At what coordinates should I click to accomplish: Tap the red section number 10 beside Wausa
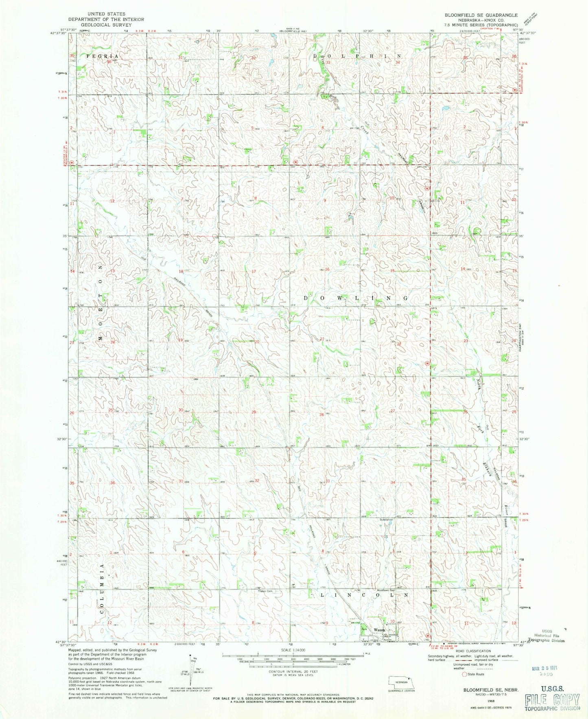(x=392, y=621)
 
